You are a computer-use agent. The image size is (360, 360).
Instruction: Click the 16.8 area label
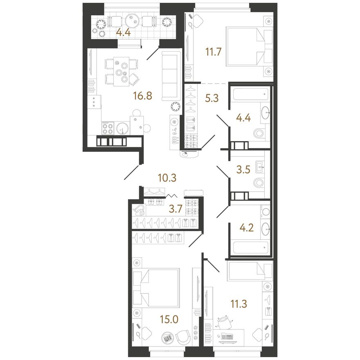pyautogui.click(x=143, y=96)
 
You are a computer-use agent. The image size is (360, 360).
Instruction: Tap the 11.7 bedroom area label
pyautogui.click(x=213, y=52)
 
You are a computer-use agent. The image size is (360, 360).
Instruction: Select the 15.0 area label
pyautogui.click(x=169, y=319)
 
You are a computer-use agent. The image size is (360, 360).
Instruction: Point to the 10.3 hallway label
pyautogui.click(x=167, y=178)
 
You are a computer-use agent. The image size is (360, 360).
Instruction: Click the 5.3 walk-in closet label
pyautogui.click(x=211, y=98)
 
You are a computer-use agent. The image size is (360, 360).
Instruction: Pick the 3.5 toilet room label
pyautogui.click(x=243, y=170)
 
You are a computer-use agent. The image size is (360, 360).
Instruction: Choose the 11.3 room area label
pyautogui.click(x=239, y=304)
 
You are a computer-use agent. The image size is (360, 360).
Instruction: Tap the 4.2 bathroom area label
pyautogui.click(x=246, y=228)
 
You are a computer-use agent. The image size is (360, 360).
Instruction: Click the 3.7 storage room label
pyautogui.click(x=175, y=209)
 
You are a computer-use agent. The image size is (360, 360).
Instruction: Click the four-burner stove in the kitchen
pyautogui.click(x=108, y=128)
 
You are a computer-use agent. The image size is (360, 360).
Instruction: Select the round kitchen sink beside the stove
pyautogui.click(x=122, y=128)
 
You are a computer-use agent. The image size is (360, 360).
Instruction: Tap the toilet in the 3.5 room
pyautogui.click(x=259, y=183)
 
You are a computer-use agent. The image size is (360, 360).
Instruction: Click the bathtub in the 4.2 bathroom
pyautogui.click(x=250, y=248)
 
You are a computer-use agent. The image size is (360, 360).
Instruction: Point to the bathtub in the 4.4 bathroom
pyautogui.click(x=250, y=94)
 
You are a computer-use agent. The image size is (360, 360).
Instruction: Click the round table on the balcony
pyautogui.click(x=132, y=22)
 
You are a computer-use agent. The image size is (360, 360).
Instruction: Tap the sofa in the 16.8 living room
pyautogui.click(x=171, y=76)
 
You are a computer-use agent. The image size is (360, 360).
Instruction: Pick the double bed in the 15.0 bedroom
pyautogui.click(x=156, y=288)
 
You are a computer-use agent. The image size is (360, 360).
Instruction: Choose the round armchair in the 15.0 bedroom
pyautogui.click(x=183, y=337)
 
